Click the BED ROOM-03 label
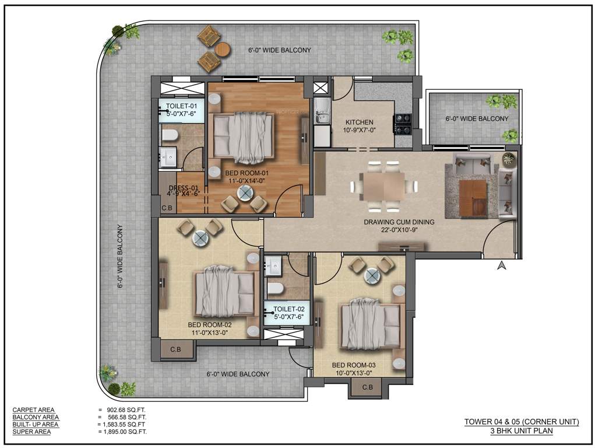pyautogui.click(x=352, y=365)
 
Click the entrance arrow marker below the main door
pyautogui.click(x=500, y=266)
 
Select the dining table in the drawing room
pyautogui.click(x=384, y=186)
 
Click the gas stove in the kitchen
pyautogui.click(x=403, y=123)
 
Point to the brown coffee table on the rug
pyautogui.click(x=473, y=197)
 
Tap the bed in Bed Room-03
pyautogui.click(x=371, y=323)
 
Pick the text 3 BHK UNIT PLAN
pyautogui.click(x=521, y=431)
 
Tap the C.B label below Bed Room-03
pyautogui.click(x=367, y=387)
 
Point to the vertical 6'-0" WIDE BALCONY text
pyautogui.click(x=120, y=257)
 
